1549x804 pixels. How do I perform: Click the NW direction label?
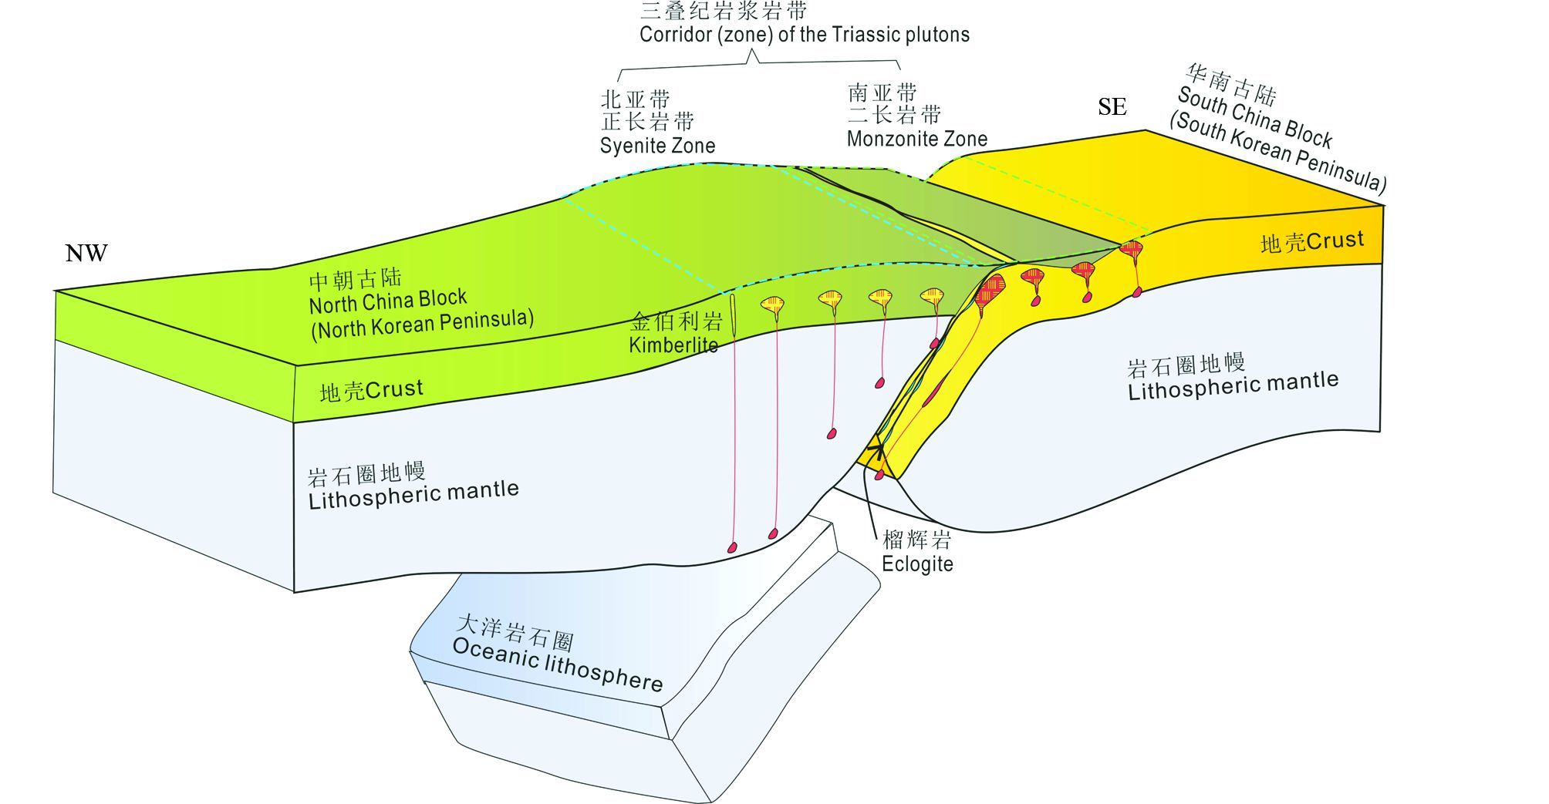coord(86,253)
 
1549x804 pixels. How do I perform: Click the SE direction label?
coord(1112,106)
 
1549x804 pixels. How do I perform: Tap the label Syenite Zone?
coord(657,146)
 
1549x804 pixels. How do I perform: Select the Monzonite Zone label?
coord(916,139)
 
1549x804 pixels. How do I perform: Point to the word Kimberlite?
coord(673,345)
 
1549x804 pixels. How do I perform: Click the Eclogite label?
coord(917,563)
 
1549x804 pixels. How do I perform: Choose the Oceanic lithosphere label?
coord(557,664)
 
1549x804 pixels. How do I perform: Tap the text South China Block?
coord(1254,118)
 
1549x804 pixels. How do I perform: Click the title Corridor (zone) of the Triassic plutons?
coord(804,35)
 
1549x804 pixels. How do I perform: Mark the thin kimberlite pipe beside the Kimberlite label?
coord(733,315)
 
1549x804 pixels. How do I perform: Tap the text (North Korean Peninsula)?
coord(422,324)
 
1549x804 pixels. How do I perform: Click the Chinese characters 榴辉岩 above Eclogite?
coord(916,538)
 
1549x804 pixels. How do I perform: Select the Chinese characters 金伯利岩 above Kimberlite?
coord(676,321)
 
